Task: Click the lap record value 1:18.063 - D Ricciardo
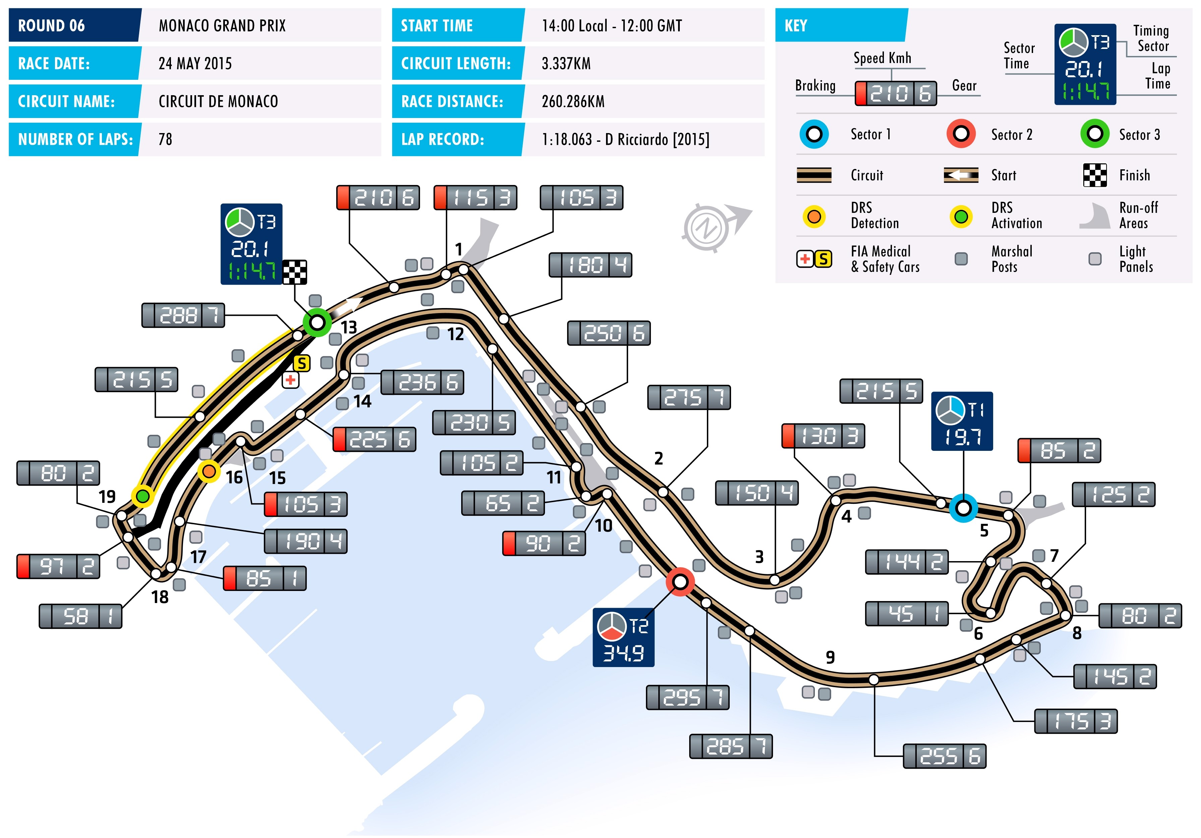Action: pyautogui.click(x=625, y=140)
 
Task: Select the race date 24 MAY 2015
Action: pyautogui.click(x=195, y=64)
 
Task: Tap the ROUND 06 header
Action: pyautogui.click(x=51, y=25)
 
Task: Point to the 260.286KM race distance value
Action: pyautogui.click(x=573, y=102)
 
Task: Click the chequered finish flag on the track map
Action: pyautogui.click(x=295, y=272)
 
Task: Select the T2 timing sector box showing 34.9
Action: pyautogui.click(x=623, y=638)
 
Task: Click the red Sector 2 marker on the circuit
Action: pyautogui.click(x=680, y=581)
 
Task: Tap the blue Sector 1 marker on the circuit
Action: pyautogui.click(x=963, y=508)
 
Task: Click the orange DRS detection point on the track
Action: pyautogui.click(x=209, y=471)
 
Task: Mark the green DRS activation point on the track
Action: pyautogui.click(x=142, y=495)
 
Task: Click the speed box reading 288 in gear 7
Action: pyautogui.click(x=183, y=315)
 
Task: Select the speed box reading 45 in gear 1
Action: pyautogui.click(x=906, y=614)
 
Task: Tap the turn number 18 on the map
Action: pyautogui.click(x=160, y=597)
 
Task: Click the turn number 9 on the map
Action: pyautogui.click(x=830, y=657)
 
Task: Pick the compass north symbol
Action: pyautogui.click(x=706, y=228)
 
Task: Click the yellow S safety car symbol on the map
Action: pyautogui.click(x=302, y=363)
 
